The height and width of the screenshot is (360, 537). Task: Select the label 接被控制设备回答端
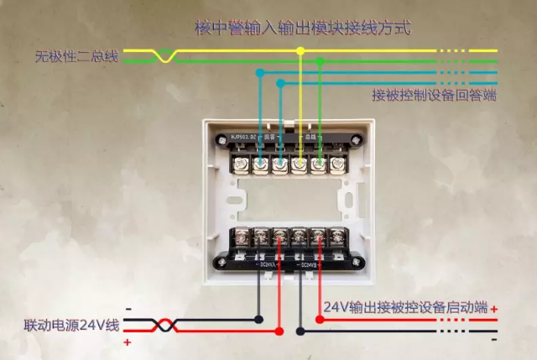click(x=433, y=96)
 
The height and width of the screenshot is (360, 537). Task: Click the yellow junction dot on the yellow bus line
click(x=300, y=51)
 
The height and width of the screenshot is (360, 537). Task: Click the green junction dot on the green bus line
click(x=320, y=60)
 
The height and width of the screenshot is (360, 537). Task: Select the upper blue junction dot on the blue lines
click(x=260, y=73)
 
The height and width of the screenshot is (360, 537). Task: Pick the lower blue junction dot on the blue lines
click(x=280, y=82)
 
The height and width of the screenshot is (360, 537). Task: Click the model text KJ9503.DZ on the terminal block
click(x=243, y=135)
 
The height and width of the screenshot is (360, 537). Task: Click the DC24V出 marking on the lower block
click(x=309, y=265)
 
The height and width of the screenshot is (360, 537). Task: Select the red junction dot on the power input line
click(x=280, y=330)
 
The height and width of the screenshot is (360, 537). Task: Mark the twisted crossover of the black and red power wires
click(x=165, y=325)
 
